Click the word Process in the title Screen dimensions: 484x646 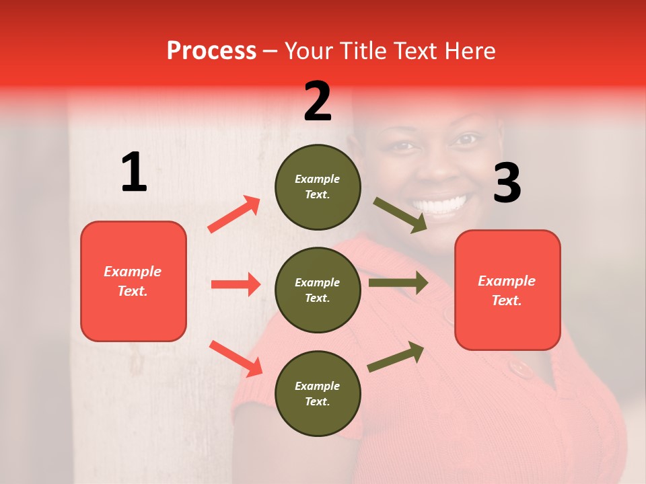[x=211, y=51]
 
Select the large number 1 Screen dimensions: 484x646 [x=134, y=172]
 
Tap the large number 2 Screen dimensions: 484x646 [x=318, y=102]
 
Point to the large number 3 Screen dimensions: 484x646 [x=507, y=184]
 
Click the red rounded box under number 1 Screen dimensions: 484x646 [x=133, y=281]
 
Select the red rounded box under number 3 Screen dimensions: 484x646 [x=507, y=290]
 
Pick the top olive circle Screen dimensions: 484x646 [x=318, y=187]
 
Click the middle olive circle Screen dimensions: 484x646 [x=318, y=290]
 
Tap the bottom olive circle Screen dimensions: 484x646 [x=318, y=393]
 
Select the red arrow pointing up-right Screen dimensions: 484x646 [x=234, y=214]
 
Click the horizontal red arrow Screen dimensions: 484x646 [x=236, y=284]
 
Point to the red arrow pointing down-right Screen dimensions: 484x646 [x=236, y=358]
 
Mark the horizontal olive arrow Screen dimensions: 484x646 [x=398, y=282]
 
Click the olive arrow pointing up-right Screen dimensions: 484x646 [x=396, y=357]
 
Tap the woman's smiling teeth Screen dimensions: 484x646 [x=441, y=204]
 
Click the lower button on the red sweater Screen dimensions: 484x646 [x=519, y=368]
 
